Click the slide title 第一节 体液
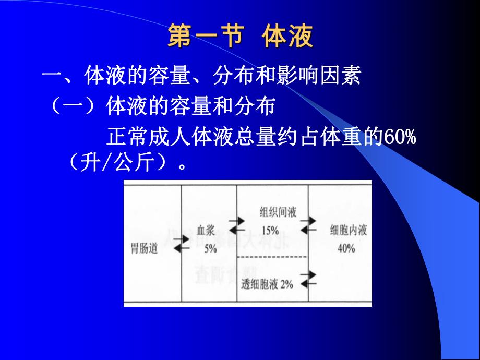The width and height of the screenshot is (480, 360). point(240,37)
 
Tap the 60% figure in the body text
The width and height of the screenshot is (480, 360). point(400,139)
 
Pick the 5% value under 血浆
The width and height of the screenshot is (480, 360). point(210,249)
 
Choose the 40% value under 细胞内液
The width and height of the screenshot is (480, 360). point(345,248)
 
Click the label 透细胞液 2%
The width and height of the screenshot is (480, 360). point(267,284)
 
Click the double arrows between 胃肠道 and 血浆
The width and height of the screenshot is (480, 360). point(181,244)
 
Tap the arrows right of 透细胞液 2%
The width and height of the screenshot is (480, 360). point(308,279)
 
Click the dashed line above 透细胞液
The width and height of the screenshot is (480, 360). point(272,258)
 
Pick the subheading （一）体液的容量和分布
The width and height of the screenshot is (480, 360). point(162,107)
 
